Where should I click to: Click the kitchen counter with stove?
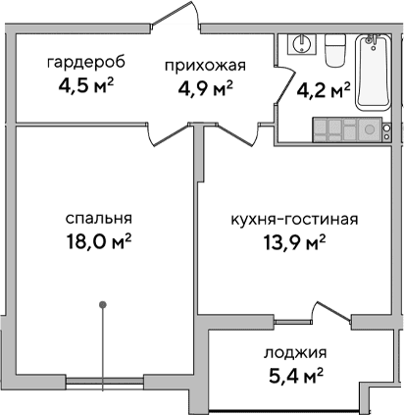coord(352,129)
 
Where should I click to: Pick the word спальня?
coord(100,218)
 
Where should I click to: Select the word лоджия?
coord(295,352)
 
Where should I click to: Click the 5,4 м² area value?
coord(295,373)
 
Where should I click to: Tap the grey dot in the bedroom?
coord(101,306)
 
